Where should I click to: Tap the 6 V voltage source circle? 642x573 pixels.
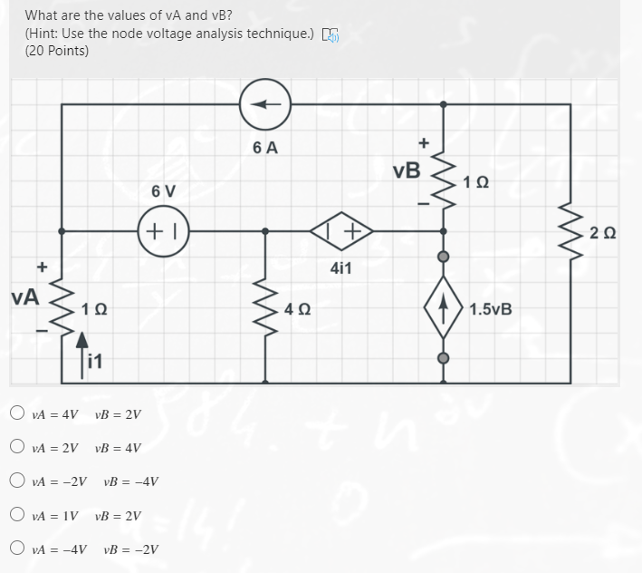coord(164,231)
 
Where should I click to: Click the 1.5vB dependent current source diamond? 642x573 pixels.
coord(444,307)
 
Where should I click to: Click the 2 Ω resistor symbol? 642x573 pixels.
coord(570,232)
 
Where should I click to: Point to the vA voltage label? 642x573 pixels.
coord(24,296)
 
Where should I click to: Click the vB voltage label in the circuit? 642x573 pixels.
coord(407,170)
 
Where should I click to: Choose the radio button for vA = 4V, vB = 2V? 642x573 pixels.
coord(17,414)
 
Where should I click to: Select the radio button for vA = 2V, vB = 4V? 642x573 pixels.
coord(17,448)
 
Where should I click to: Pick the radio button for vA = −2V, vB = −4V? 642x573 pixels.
coord(17,481)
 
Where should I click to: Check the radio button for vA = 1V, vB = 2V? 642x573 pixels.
coord(17,515)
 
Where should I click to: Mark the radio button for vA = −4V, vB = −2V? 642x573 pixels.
coord(17,549)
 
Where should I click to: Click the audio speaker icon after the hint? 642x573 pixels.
coord(331,34)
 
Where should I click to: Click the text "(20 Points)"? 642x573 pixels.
coord(57,51)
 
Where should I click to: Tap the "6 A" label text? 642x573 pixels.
coord(264,149)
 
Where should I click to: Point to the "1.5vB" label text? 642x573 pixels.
coord(491,308)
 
